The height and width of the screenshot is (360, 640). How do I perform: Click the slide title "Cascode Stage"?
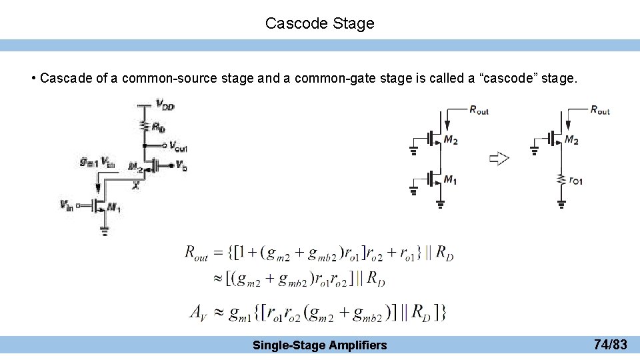319,23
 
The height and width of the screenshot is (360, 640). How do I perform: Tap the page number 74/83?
610,345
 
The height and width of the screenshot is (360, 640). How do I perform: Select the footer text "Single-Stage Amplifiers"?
319,345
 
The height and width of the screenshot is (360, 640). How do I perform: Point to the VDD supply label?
165,103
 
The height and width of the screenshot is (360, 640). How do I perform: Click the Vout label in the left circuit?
177,145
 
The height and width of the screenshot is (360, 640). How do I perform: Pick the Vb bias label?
181,165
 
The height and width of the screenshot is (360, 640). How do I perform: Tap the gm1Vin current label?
97,162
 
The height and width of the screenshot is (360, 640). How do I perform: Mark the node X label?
135,186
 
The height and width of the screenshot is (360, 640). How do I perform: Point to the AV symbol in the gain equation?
199,311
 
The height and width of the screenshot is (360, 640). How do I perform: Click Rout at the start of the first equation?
197,253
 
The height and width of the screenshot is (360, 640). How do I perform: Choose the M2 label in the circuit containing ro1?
571,139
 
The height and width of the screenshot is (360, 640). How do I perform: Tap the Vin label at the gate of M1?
67,205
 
